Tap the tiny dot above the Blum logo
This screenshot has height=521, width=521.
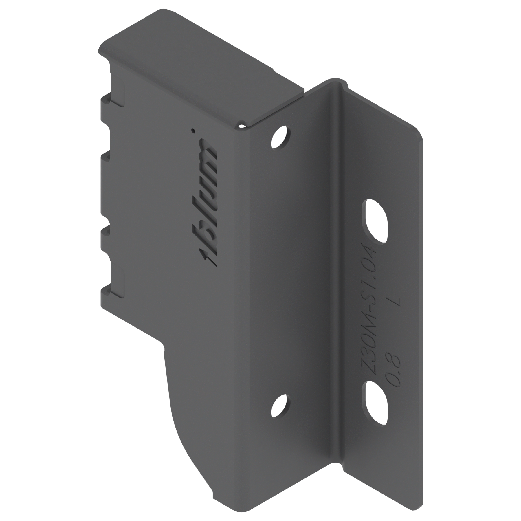coord(192,131)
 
